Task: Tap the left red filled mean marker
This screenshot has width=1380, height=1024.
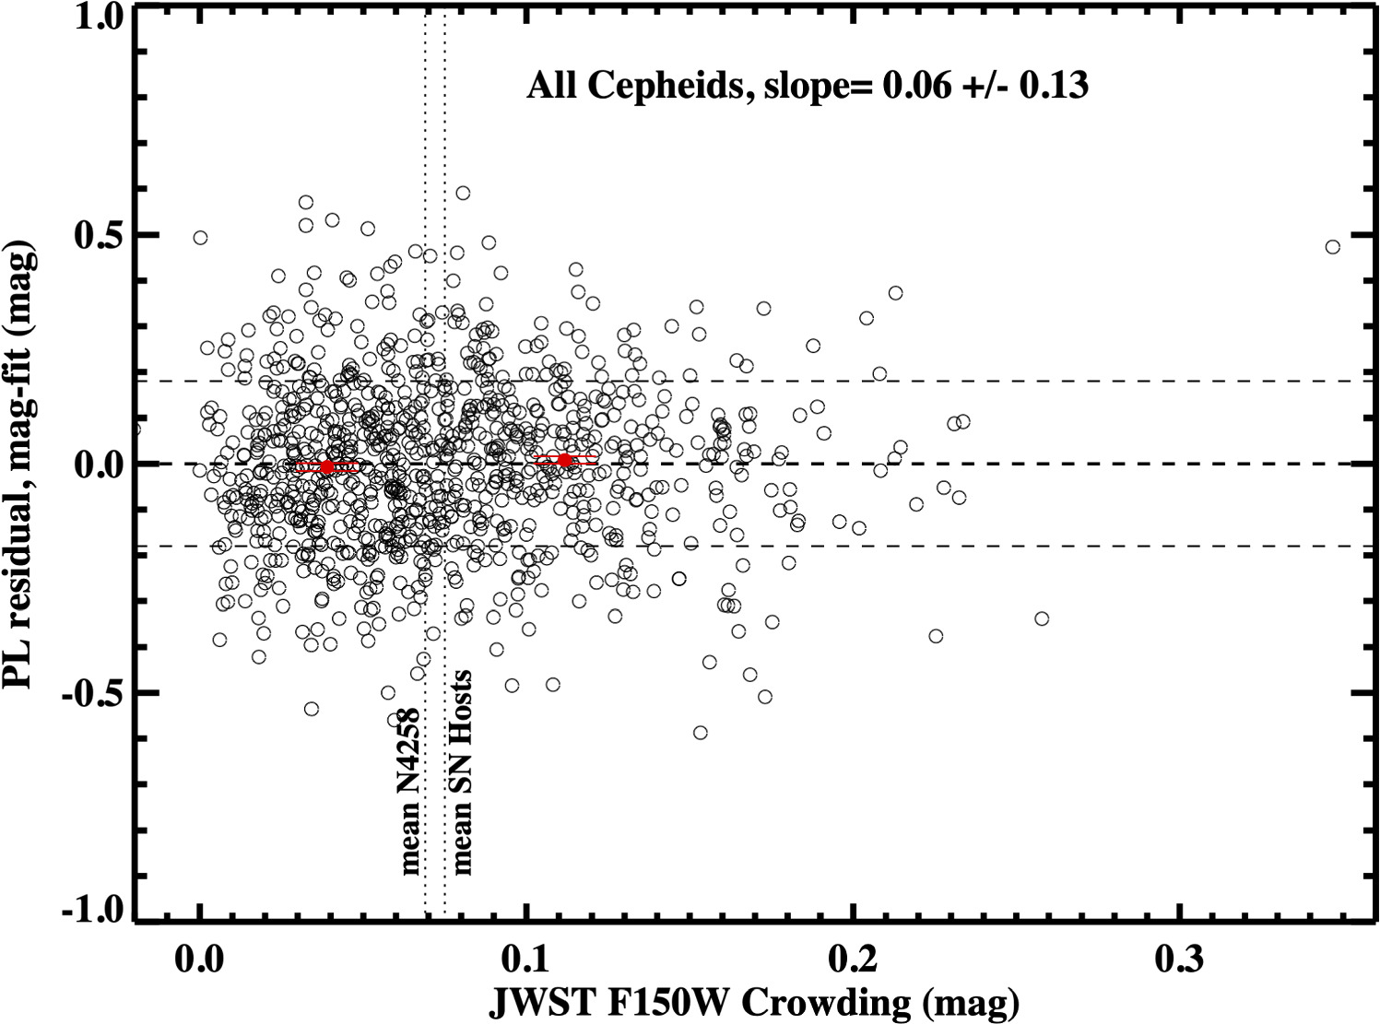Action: tap(327, 467)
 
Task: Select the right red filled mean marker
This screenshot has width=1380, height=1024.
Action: tap(565, 460)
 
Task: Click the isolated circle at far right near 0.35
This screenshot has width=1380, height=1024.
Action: tap(1332, 246)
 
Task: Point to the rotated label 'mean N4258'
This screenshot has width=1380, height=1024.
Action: tap(408, 791)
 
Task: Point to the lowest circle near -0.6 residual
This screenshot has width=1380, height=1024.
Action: tap(701, 733)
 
